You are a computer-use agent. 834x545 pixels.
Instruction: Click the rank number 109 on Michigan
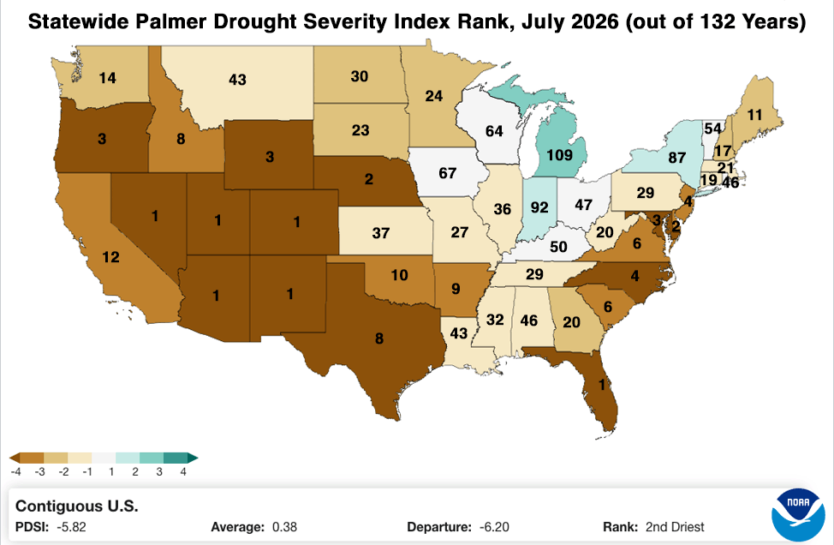tap(559, 155)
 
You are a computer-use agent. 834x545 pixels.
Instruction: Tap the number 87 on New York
tap(676, 158)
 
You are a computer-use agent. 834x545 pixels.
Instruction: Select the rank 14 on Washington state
tap(107, 78)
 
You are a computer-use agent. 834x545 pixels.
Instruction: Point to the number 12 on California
tap(110, 258)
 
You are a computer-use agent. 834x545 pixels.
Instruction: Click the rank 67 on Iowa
tap(447, 173)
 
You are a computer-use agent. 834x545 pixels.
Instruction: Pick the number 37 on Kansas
tap(381, 233)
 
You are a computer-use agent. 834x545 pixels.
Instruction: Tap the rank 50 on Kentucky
tap(558, 247)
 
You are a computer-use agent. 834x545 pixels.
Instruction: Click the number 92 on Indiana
tap(539, 207)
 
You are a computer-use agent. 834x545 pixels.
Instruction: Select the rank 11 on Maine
tap(754, 115)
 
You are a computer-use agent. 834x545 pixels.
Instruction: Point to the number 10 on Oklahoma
tap(400, 275)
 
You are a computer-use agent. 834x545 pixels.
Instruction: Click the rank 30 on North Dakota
tap(360, 76)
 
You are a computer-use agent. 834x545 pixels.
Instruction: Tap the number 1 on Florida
tap(602, 385)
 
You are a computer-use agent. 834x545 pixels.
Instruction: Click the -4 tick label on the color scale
tap(16, 472)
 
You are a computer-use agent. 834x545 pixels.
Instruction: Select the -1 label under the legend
tap(87, 472)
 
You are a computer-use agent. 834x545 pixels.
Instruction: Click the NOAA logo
tap(798, 515)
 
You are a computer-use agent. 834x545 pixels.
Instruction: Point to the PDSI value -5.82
tap(71, 527)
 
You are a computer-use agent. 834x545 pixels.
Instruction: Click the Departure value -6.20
tap(494, 527)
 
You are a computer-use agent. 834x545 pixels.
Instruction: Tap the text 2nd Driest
tap(675, 527)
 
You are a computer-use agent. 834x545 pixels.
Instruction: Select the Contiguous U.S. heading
tap(76, 506)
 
